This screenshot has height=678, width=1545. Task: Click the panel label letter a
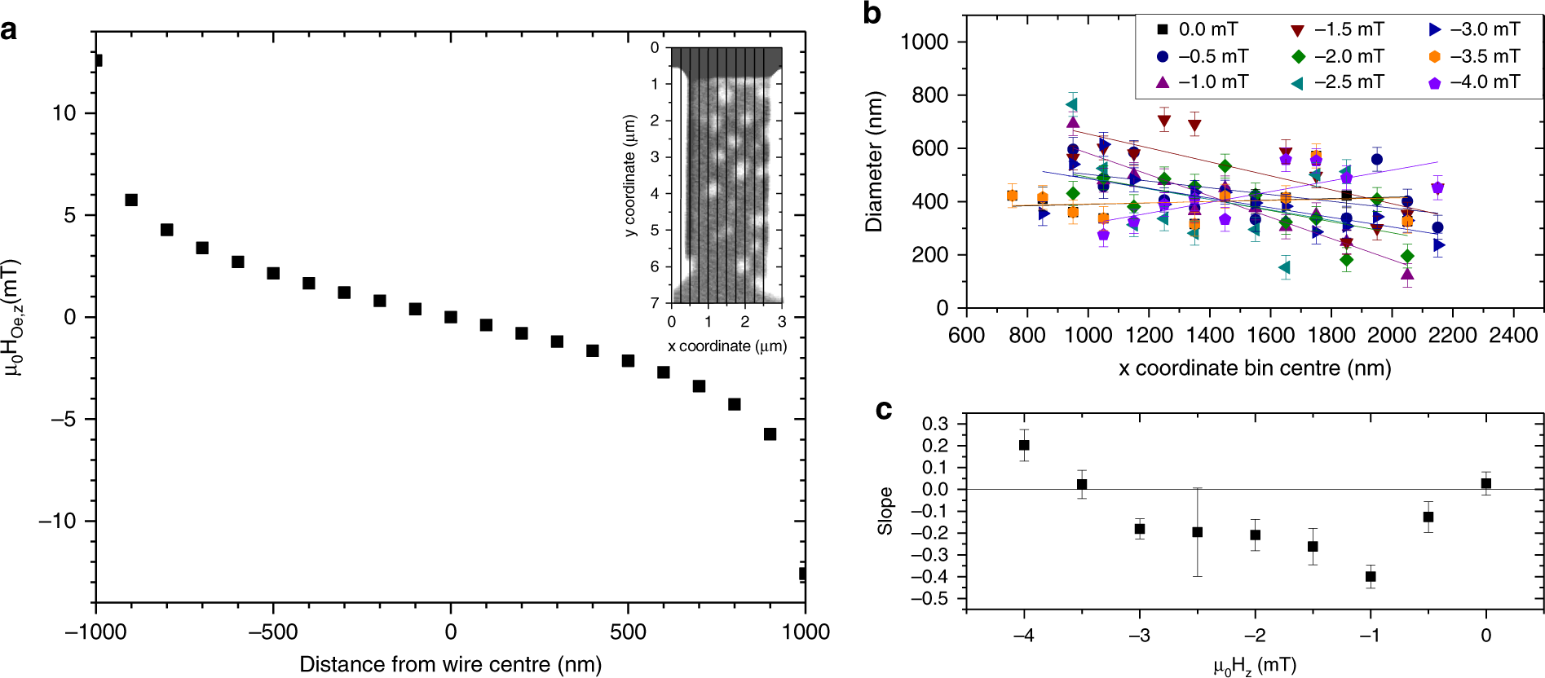(x=9, y=30)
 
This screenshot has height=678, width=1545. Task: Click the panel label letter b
(x=872, y=14)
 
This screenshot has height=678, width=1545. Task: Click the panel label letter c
(x=883, y=410)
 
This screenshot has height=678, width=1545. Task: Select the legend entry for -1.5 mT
(x=1336, y=29)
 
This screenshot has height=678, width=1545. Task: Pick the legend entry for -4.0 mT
(x=1472, y=82)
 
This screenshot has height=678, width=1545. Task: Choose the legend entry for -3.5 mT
(x=1472, y=56)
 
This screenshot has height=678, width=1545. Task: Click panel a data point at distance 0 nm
(x=451, y=317)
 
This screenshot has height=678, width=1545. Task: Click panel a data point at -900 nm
(x=131, y=200)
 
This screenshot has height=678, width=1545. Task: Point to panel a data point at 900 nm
(x=770, y=434)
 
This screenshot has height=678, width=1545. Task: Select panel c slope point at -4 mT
(x=1024, y=445)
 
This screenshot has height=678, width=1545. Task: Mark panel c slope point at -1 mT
(x=1371, y=576)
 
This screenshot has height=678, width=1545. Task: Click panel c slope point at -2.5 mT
(x=1198, y=532)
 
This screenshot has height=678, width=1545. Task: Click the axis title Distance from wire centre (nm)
(x=450, y=664)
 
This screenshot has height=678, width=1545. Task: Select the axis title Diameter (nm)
(x=874, y=161)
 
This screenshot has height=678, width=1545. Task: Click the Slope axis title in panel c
(x=885, y=511)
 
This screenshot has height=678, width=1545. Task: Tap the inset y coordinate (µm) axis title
(x=629, y=175)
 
